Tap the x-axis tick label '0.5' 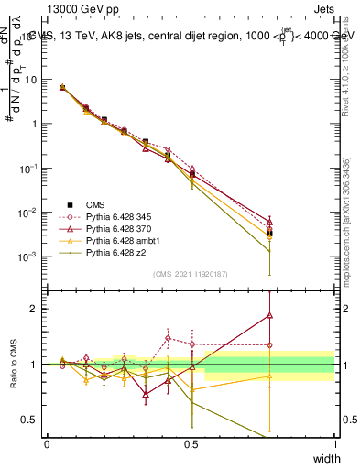(191, 443)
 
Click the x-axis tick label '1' (334, 443)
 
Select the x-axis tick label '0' (47, 443)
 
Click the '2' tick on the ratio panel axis (34, 309)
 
